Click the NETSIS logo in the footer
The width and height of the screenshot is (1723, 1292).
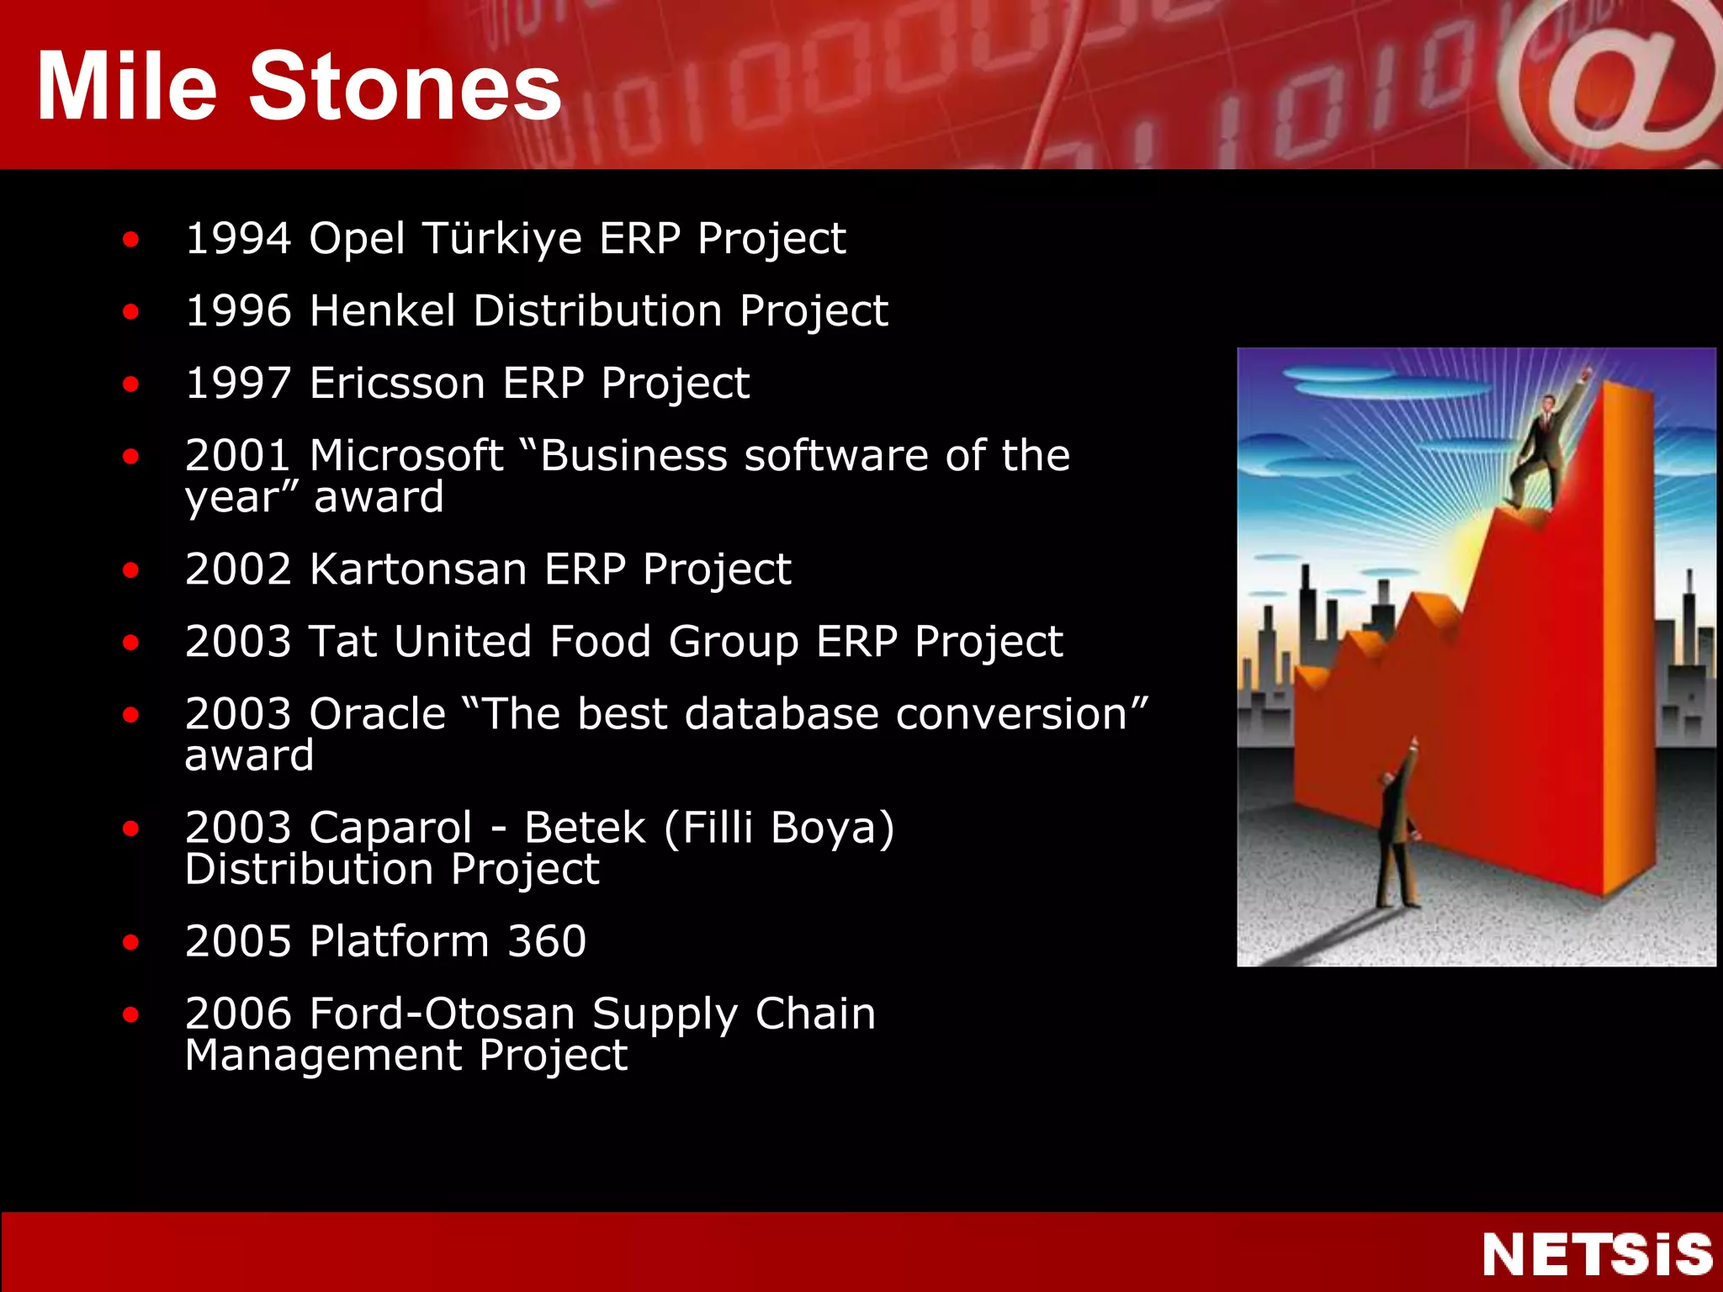click(x=1597, y=1254)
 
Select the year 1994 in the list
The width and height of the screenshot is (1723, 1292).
click(x=238, y=238)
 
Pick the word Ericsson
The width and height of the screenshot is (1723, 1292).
click(x=398, y=383)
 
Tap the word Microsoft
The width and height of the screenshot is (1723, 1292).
click(x=406, y=455)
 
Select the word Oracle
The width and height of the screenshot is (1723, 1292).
click(x=377, y=714)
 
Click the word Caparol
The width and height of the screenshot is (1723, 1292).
click(x=390, y=828)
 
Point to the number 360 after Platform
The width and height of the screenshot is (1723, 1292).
click(x=547, y=941)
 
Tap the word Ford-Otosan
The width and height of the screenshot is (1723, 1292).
click(x=443, y=1014)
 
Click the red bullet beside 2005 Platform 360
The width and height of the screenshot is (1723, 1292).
click(x=130, y=942)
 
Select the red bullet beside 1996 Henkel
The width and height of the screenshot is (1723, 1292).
click(x=130, y=312)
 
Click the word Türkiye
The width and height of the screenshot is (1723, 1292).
click(x=502, y=238)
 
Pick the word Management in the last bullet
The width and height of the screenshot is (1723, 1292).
click(x=323, y=1056)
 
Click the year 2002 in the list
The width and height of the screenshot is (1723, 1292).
click(x=238, y=569)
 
